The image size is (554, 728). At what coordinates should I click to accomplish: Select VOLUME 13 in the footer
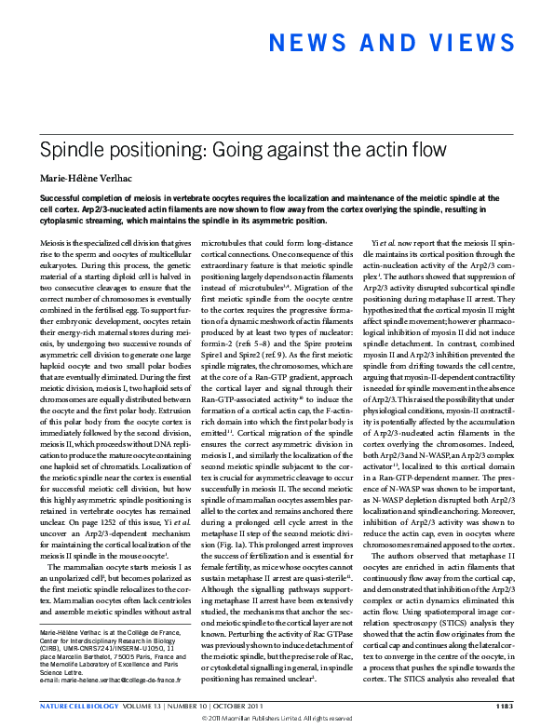pyautogui.click(x=152, y=705)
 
